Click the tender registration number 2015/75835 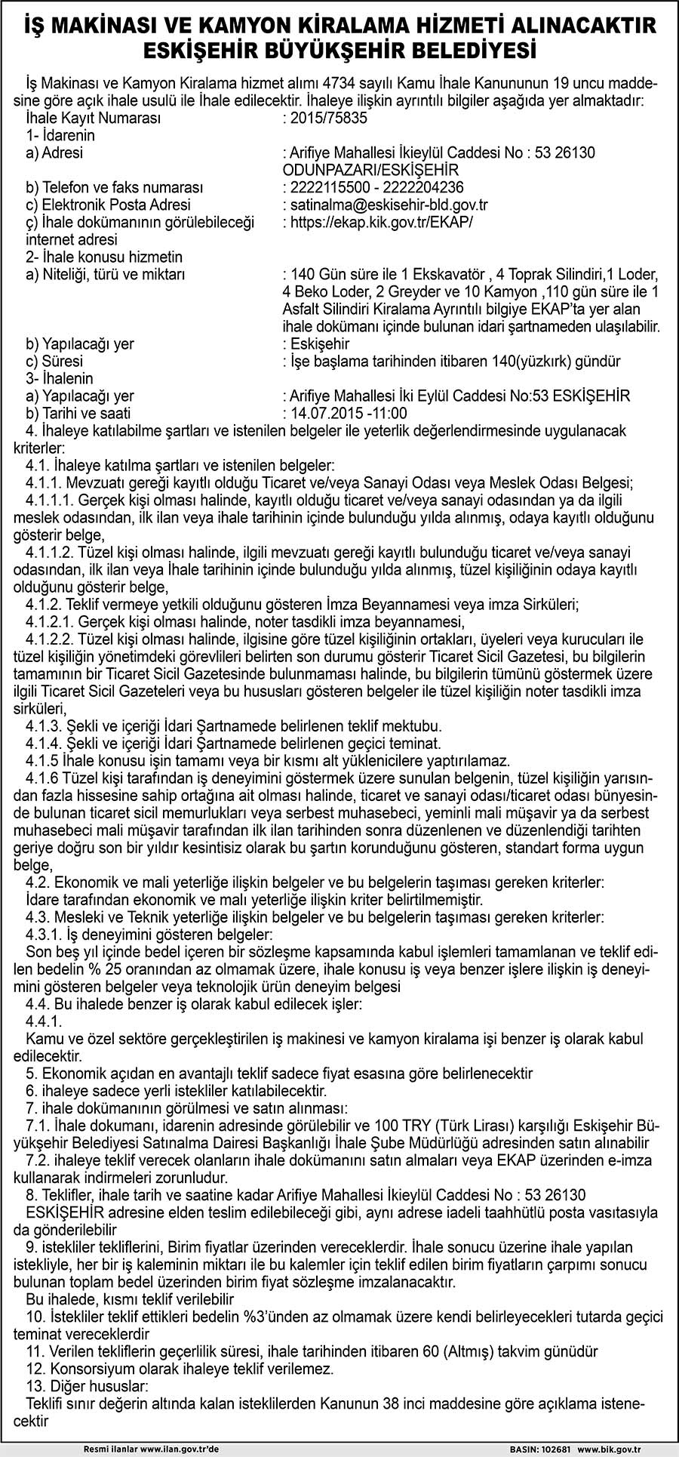pyautogui.click(x=325, y=119)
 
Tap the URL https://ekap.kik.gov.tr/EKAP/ pyautogui.click(x=383, y=222)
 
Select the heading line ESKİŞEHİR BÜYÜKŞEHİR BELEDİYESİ pyautogui.click(x=339, y=51)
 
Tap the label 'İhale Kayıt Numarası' pyautogui.click(x=93, y=119)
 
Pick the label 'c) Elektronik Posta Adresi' pyautogui.click(x=108, y=205)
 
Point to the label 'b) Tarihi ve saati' pyautogui.click(x=78, y=413)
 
